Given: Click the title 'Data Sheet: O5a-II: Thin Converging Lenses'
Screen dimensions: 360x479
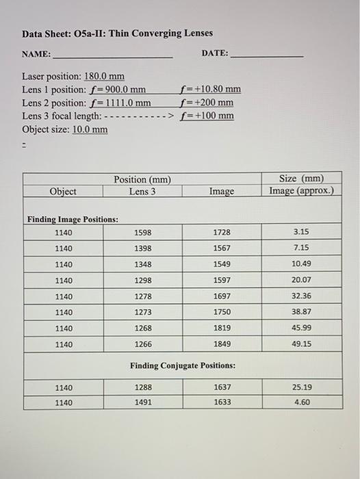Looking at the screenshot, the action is coord(117,34).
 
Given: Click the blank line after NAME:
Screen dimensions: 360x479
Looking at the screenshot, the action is coord(113,56).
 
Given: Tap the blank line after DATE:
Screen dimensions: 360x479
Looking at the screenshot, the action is coord(268,56).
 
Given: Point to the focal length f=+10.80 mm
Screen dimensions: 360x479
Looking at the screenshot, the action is coord(209,90).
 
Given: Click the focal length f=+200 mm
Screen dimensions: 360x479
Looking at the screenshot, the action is coord(205,103).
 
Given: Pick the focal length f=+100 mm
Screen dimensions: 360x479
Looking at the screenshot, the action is coord(205,116).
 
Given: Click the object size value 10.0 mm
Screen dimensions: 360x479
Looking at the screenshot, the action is coord(90,129).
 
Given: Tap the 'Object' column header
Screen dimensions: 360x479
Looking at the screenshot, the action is coord(63,192).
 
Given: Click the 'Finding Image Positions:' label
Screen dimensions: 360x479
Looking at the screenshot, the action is coord(73,220).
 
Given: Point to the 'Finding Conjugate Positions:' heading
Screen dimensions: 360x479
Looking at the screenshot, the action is coord(183,365).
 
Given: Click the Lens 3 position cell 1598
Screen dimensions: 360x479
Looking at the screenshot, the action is coord(143,233).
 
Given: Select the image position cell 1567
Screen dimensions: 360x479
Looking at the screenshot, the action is coord(222,248).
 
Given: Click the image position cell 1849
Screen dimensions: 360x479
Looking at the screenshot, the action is coord(222,344).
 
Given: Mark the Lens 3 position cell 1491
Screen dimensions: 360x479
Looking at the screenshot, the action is coord(143,403).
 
